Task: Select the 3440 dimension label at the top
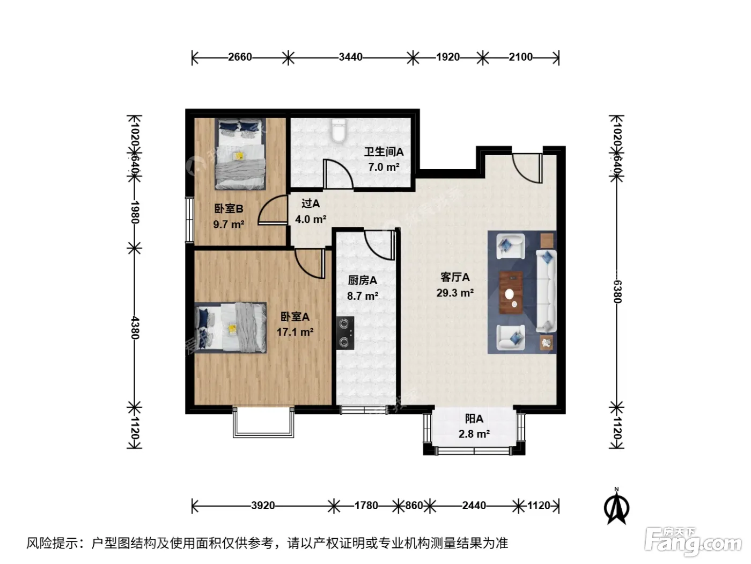point(350,57)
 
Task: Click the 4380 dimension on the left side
point(135,327)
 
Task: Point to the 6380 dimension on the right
point(616,292)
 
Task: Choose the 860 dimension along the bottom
point(414,505)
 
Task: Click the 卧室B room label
point(229,208)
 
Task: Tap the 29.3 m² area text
point(455,293)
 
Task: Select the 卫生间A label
point(384,151)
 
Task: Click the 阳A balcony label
point(474,419)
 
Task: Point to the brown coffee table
point(511,292)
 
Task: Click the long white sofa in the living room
point(546,291)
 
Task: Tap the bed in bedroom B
point(240,154)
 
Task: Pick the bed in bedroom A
point(230,327)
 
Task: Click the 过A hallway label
point(310,204)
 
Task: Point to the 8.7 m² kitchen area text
point(362,296)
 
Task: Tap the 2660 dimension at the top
point(240,57)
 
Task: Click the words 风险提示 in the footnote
point(53,544)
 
